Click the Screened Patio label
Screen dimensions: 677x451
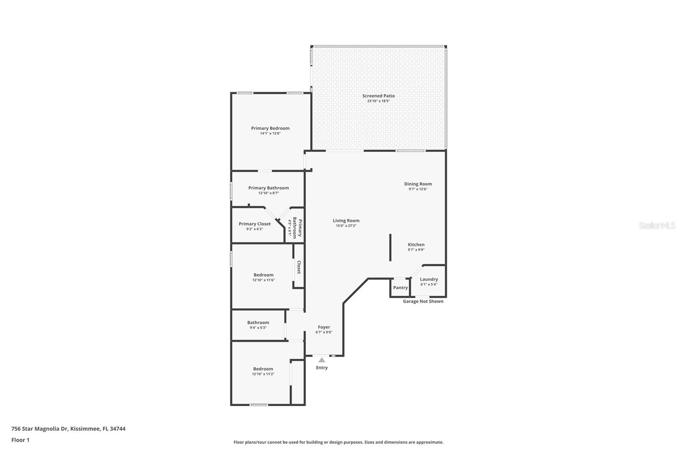pyautogui.click(x=378, y=96)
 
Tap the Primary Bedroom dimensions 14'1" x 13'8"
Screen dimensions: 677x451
pyautogui.click(x=270, y=133)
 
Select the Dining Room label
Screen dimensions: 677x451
pyautogui.click(x=418, y=184)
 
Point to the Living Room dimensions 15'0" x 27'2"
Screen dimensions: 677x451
pyautogui.click(x=346, y=226)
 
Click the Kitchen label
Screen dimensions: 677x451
pyautogui.click(x=416, y=245)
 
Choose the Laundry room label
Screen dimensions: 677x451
pyautogui.click(x=429, y=279)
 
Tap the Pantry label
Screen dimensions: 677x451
pyautogui.click(x=400, y=287)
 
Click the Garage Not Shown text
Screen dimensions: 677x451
pyautogui.click(x=423, y=301)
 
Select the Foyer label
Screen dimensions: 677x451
pyautogui.click(x=324, y=327)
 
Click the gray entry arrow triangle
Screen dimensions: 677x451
pyautogui.click(x=322, y=360)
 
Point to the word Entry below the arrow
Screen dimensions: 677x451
pyautogui.click(x=322, y=368)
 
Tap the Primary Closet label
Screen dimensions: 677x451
pyautogui.click(x=255, y=224)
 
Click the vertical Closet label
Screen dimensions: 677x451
pyautogui.click(x=299, y=267)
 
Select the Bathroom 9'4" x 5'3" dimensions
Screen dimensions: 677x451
pyautogui.click(x=258, y=327)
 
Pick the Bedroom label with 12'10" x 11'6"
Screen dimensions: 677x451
pyautogui.click(x=264, y=275)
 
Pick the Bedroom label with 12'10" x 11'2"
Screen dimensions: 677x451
pyautogui.click(x=263, y=369)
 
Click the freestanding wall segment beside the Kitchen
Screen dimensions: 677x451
pyautogui.click(x=390, y=247)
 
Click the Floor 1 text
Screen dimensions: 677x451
pyautogui.click(x=21, y=440)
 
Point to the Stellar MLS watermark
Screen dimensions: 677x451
pyautogui.click(x=657, y=225)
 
